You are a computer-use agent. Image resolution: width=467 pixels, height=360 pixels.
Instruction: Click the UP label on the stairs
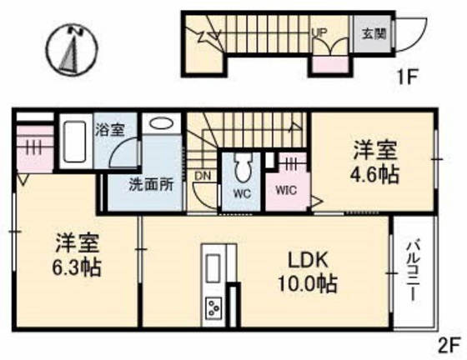(x=319, y=33)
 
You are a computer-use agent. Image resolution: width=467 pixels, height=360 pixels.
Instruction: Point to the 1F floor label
(x=407, y=81)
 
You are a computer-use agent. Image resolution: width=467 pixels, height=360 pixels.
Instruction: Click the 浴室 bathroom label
(x=109, y=130)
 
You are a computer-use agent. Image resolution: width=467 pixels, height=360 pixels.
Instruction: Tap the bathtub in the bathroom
(x=74, y=145)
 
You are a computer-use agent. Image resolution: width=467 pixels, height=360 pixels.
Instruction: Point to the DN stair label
(x=203, y=177)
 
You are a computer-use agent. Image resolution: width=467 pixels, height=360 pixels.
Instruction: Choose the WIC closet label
(x=286, y=189)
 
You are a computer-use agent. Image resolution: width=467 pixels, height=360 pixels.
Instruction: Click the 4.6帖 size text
(x=374, y=176)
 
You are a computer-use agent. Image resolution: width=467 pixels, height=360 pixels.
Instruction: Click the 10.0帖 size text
(x=307, y=284)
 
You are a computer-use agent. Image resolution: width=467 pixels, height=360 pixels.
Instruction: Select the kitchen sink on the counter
(x=213, y=267)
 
